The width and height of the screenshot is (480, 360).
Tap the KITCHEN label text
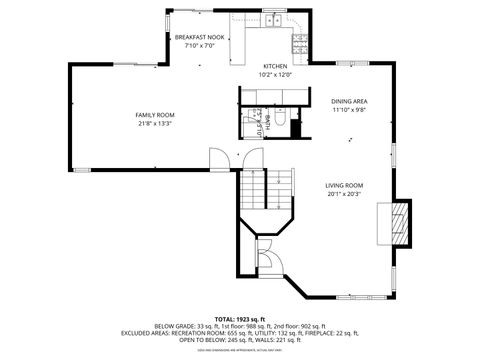pyautogui.click(x=274, y=66)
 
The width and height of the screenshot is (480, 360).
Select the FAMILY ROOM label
pyautogui.click(x=154, y=116)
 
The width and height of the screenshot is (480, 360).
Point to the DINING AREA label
pyautogui.click(x=349, y=102)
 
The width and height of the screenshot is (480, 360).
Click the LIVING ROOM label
pyautogui.click(x=344, y=185)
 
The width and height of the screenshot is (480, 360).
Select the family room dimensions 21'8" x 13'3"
pyautogui.click(x=154, y=125)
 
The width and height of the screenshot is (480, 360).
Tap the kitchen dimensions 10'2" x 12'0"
pyautogui.click(x=274, y=75)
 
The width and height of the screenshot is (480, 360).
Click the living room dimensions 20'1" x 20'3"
pyautogui.click(x=344, y=195)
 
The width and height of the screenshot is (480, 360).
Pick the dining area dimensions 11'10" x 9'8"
pyautogui.click(x=349, y=111)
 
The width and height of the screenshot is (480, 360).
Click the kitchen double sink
pyautogui.click(x=273, y=20)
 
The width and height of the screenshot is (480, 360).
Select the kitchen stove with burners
pyautogui.click(x=299, y=41)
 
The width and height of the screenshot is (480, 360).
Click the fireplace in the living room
pyautogui.click(x=399, y=221)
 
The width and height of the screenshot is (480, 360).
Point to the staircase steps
pyautogui.click(x=279, y=184)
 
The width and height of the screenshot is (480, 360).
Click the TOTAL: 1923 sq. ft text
pyautogui.click(x=240, y=317)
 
